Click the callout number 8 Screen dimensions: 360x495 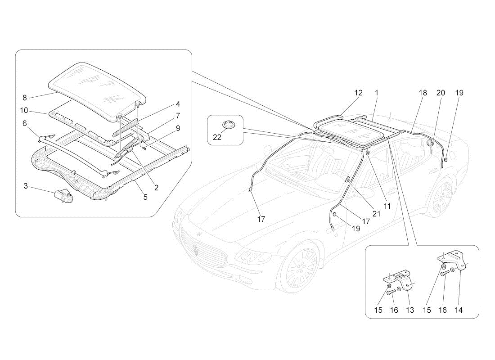pos(24,97)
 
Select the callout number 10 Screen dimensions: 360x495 pos(24,110)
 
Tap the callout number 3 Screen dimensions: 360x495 pos(26,185)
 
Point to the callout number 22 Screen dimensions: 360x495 pos(217,138)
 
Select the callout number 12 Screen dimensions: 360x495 pos(358,93)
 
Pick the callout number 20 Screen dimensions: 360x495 pos(441,93)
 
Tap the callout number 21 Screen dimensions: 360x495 pos(377,214)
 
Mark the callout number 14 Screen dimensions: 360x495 pos(459,310)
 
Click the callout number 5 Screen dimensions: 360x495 pos(145,197)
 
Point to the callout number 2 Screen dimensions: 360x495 pos(156,188)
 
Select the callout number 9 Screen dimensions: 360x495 pos(178,128)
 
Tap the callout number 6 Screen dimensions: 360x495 pos(24,123)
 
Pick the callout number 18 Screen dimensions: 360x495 pos(423,93)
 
